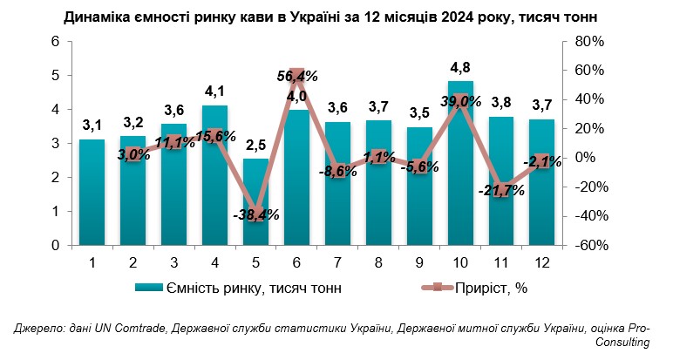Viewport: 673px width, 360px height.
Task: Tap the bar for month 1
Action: click(x=92, y=192)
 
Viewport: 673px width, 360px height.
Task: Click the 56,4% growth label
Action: click(x=296, y=78)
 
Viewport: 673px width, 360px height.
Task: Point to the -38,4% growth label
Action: click(x=255, y=214)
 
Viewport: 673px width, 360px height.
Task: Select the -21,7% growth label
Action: click(x=501, y=191)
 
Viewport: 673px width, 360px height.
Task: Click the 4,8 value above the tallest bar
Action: click(x=461, y=68)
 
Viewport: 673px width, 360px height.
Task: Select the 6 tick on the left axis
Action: click(x=54, y=42)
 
